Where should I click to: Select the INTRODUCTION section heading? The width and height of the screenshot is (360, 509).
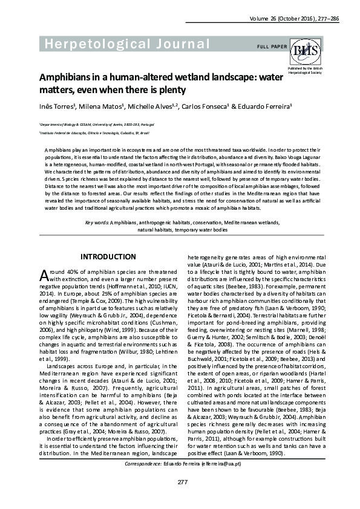[x=108, y=257]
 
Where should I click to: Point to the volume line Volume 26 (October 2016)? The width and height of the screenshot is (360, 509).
[x=279, y=19]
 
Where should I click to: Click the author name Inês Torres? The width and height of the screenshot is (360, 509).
[x=57, y=106]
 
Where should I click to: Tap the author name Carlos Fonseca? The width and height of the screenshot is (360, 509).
[x=199, y=106]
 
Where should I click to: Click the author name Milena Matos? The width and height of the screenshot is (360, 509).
[x=102, y=106]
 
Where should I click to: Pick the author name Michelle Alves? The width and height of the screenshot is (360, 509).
[x=149, y=106]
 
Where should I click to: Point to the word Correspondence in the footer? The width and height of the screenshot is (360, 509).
[x=142, y=463]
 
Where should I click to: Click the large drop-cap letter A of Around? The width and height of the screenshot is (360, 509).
[x=44, y=275]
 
